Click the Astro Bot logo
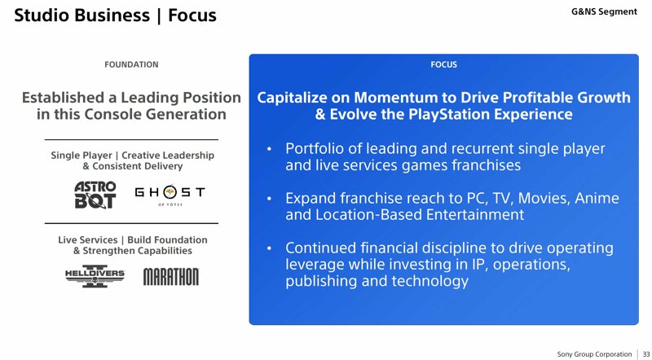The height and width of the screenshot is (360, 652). [x=95, y=195]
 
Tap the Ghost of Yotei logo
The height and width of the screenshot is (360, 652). [x=170, y=195]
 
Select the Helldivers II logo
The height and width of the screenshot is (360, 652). [x=95, y=276]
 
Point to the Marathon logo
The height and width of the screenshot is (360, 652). [x=171, y=276]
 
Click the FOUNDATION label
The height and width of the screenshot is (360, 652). [x=131, y=65]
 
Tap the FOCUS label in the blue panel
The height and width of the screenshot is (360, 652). [x=443, y=65]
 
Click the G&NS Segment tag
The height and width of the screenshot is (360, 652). [x=604, y=11]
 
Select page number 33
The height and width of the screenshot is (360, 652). [x=646, y=354]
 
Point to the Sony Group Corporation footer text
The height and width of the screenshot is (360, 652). [x=594, y=354]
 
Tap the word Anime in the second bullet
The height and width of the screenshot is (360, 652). [x=597, y=198]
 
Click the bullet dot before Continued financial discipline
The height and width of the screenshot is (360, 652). [x=270, y=248]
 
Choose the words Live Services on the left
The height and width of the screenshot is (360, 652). [x=88, y=239]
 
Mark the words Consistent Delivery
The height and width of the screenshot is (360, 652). [x=137, y=166]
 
